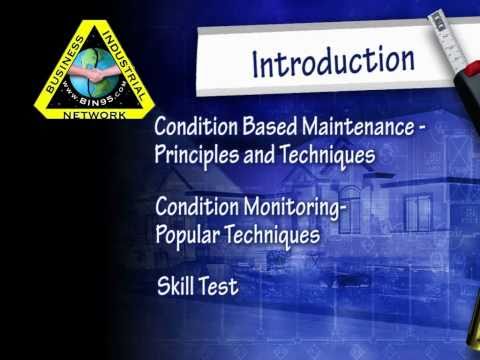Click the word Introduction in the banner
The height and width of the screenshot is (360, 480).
pos(333,60)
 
